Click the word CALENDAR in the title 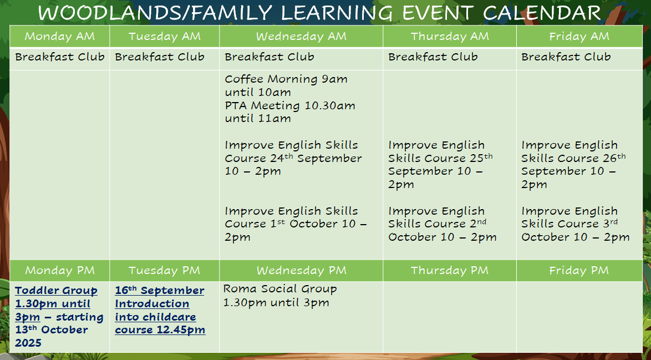[x=541, y=13]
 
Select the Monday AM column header [x=60, y=37]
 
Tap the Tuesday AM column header [x=164, y=37]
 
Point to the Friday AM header [x=579, y=37]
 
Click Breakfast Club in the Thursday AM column [x=433, y=57]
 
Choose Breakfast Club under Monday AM [x=60, y=57]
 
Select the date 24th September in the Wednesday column [x=310, y=158]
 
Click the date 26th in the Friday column [x=616, y=158]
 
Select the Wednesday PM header [x=302, y=271]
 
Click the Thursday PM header [x=450, y=271]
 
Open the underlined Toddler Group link [x=56, y=291]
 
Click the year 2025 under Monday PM [x=28, y=343]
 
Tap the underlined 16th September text [x=160, y=291]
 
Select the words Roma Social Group [x=280, y=289]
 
